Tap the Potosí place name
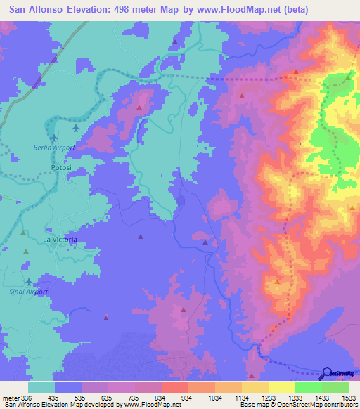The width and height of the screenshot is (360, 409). [x=63, y=169]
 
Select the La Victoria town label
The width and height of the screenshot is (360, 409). [x=60, y=240]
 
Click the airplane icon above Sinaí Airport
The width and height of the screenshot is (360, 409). [x=29, y=282]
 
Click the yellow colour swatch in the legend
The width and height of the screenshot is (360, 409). [x=281, y=387]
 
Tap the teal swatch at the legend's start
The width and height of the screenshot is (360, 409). [x=41, y=387]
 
